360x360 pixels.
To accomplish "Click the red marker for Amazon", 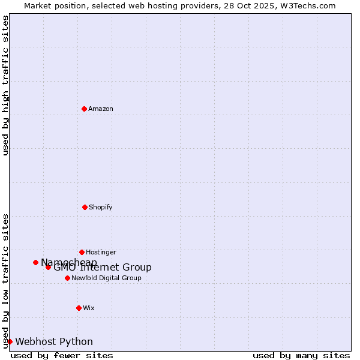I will point(84,109).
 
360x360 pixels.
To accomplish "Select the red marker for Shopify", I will point(85,207).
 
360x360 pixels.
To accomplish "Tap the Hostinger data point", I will point(82,252).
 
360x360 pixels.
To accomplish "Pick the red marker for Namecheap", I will point(35,262).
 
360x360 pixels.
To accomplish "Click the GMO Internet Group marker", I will point(48,267).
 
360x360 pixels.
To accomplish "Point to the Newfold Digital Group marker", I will point(67,278).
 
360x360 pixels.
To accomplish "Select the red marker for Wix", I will point(79,308).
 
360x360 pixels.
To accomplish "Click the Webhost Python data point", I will point(10,341).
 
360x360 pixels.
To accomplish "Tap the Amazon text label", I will point(101,109).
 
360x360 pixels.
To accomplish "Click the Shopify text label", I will point(101,207).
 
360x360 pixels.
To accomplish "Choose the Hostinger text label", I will point(101,252).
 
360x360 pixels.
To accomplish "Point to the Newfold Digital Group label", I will point(106,278).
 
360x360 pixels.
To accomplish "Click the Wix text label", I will point(89,308).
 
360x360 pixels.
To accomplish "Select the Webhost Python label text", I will point(54,341).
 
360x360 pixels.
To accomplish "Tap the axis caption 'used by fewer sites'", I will point(62,355).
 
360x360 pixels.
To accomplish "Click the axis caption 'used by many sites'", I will point(301,355).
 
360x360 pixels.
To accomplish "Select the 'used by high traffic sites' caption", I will point(5,85).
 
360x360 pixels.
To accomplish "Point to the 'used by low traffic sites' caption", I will point(5,280).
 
